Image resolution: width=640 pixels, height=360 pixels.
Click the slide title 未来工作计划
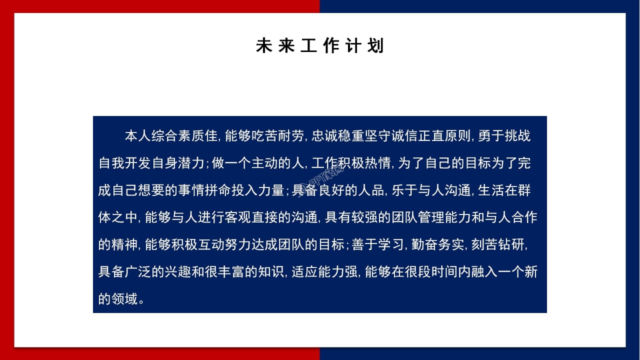click(320, 46)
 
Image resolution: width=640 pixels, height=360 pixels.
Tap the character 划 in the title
click(376, 46)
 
